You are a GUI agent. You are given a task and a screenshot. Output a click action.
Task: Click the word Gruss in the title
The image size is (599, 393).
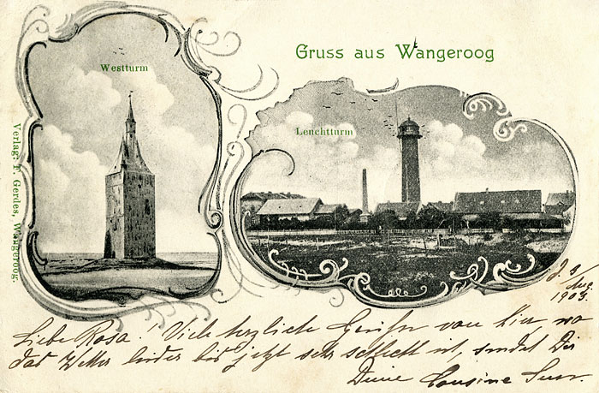tap(316, 52)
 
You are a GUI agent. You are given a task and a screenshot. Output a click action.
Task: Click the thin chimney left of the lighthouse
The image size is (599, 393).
tap(364, 190)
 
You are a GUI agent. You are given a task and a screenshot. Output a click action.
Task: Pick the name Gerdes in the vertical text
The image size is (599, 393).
tap(20, 194)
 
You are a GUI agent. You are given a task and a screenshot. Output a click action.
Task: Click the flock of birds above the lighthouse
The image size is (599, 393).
tap(359, 95)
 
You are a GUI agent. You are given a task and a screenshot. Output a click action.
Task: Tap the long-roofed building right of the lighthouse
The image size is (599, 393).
tap(495, 202)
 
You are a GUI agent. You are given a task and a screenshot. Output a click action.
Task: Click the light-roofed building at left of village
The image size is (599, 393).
tap(288, 206)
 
